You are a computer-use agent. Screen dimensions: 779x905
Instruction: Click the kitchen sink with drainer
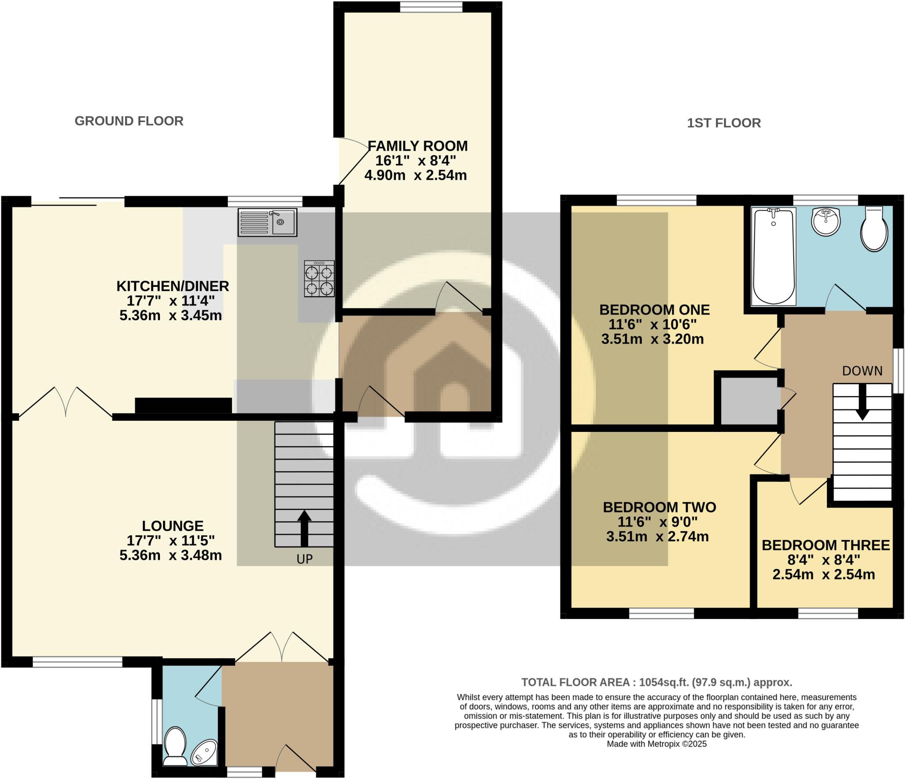coord(267,222)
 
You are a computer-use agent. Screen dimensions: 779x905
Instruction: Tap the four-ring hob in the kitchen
coord(319,279)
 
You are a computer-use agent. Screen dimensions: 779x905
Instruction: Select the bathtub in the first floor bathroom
coord(774,257)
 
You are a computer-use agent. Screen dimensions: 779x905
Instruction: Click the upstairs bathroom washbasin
coord(825,221)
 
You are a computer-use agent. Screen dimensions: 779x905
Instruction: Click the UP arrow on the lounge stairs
coord(304,528)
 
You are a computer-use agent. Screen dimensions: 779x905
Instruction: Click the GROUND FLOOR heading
coord(129,121)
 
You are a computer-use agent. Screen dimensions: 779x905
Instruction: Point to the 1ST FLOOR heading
coord(723,123)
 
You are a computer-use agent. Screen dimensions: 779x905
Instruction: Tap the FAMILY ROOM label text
coord(417,146)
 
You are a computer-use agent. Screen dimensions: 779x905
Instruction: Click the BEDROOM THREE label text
coord(825,545)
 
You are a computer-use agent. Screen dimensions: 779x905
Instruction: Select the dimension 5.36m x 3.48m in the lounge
coord(171,555)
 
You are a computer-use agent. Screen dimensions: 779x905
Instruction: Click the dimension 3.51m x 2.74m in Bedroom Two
coord(657,537)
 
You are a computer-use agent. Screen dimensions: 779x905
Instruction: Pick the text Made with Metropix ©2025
coord(657,744)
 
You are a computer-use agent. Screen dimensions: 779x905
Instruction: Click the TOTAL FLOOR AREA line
coord(657,682)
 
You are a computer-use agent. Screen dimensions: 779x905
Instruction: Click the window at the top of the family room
coord(431,7)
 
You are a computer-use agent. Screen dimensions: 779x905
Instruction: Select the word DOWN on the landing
coord(862,371)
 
